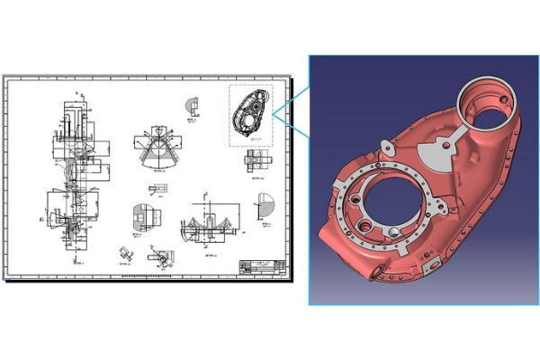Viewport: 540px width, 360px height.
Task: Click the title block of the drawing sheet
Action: (258, 266)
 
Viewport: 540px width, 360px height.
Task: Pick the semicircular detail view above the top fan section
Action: (193, 105)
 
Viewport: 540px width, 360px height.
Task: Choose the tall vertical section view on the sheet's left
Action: (76, 171)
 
